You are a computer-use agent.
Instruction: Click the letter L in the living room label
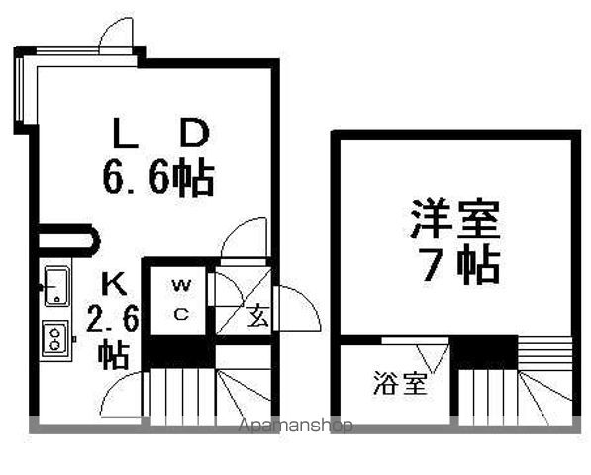126,133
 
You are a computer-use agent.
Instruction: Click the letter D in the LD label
194,133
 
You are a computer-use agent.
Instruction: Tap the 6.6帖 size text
158,177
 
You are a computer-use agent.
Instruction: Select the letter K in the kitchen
115,284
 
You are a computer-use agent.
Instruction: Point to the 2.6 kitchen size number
113,319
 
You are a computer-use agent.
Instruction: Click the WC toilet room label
181,300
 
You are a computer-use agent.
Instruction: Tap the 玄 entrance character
258,315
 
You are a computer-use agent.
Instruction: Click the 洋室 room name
455,219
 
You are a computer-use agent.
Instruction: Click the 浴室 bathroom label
400,383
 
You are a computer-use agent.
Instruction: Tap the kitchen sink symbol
56,286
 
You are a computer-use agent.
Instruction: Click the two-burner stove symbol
55,338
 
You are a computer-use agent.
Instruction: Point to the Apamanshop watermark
295,426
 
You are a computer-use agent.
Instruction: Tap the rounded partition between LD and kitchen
69,240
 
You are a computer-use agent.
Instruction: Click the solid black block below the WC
180,352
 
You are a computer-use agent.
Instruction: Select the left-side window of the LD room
19,89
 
